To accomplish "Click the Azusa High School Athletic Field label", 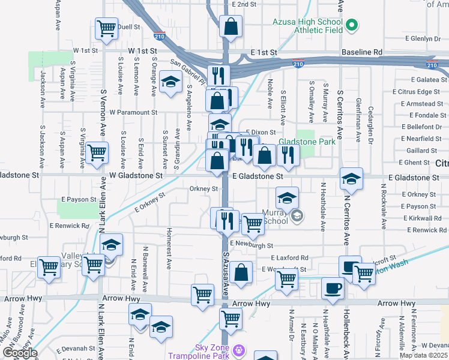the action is [307, 25].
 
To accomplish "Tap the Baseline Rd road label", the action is [361, 52].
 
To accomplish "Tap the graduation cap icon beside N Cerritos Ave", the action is [351, 178].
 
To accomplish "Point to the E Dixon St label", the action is [260, 131].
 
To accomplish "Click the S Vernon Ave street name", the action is [103, 119].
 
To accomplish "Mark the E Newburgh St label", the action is [251, 245].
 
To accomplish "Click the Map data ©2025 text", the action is [423, 355].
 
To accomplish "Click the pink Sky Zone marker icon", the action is [240, 349].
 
